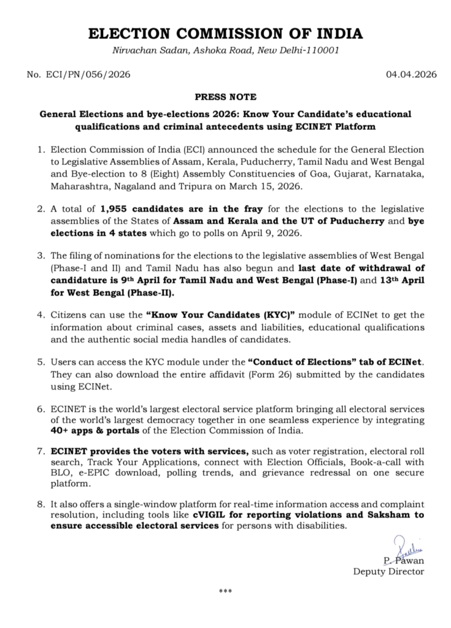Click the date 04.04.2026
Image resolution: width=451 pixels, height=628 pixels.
[x=411, y=75]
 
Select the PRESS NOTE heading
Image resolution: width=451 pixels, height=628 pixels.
[x=225, y=97]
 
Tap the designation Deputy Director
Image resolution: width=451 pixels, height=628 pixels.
[x=388, y=572]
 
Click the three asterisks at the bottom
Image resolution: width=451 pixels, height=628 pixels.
[x=225, y=592]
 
